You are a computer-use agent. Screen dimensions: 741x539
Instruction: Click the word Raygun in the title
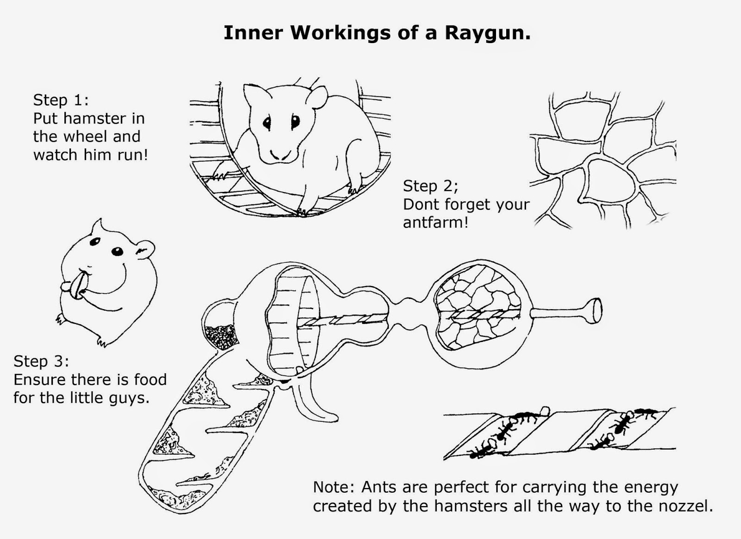coord(487,33)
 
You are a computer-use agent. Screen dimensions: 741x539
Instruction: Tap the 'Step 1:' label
coord(61,100)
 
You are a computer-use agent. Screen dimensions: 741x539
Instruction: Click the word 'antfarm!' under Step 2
coord(435,222)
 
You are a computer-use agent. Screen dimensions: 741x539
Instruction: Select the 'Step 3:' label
coord(41,361)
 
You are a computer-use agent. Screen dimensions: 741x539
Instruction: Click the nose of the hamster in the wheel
coord(278,153)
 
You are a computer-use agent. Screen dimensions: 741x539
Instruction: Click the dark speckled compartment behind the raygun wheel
coord(220,337)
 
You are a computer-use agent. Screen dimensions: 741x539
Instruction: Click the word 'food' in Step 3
coord(150,380)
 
